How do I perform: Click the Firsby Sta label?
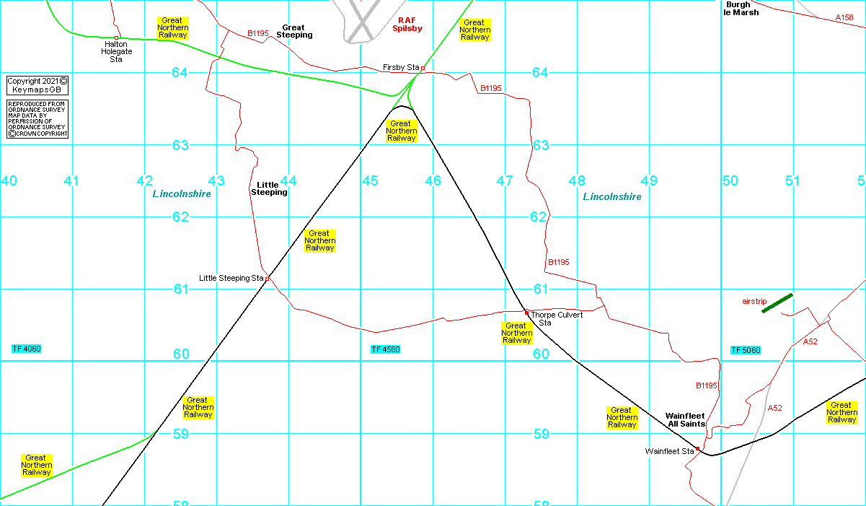401,67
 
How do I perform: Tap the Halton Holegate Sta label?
116,51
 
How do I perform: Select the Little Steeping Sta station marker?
267,279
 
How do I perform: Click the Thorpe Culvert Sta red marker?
526,313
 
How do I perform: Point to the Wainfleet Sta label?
670,451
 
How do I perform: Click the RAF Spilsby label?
407,25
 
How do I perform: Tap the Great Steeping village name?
294,31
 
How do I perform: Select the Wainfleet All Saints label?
686,420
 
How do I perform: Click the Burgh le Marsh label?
741,8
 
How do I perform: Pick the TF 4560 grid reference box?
386,349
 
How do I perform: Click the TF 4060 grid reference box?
27,349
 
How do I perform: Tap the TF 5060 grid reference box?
746,350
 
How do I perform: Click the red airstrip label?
754,301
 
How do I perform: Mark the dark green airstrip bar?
777,303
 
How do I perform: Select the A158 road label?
844,17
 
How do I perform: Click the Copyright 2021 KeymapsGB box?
37,85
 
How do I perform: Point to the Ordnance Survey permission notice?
37,119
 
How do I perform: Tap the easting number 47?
505,180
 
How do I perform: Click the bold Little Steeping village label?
269,188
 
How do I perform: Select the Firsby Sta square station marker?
423,68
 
